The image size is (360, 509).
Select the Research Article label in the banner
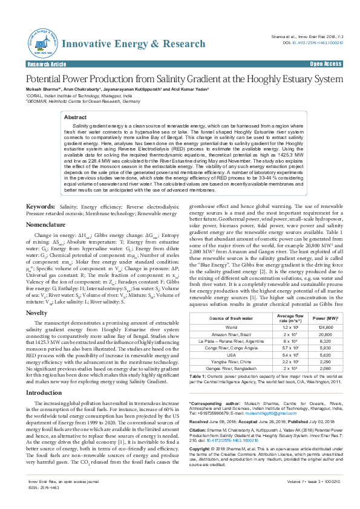(46, 63)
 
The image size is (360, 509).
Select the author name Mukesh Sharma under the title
(41, 89)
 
